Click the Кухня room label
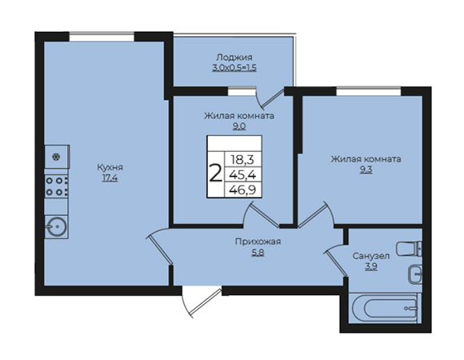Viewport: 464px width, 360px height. [110, 167]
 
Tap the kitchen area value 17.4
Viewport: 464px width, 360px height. [110, 178]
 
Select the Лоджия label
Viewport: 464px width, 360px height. [234, 58]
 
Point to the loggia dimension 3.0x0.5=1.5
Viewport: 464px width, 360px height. [234, 68]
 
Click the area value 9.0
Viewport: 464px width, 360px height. [239, 126]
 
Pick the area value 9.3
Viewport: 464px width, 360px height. [366, 170]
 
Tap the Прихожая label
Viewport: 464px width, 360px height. [258, 242]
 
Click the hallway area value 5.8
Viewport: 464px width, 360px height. [258, 253]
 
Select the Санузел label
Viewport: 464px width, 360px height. [370, 256]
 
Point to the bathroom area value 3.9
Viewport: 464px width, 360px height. [370, 267]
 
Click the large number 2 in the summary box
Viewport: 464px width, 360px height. [215, 174]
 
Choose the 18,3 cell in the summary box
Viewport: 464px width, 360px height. [242, 160]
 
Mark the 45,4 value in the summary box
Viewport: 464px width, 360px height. [242, 175]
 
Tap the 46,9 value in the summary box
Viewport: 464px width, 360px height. [242, 190]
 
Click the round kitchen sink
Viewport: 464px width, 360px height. [57, 227]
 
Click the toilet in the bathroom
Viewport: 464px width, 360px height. [409, 249]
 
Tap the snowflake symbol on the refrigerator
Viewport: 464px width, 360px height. [55, 157]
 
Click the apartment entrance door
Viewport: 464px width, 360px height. [202, 300]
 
